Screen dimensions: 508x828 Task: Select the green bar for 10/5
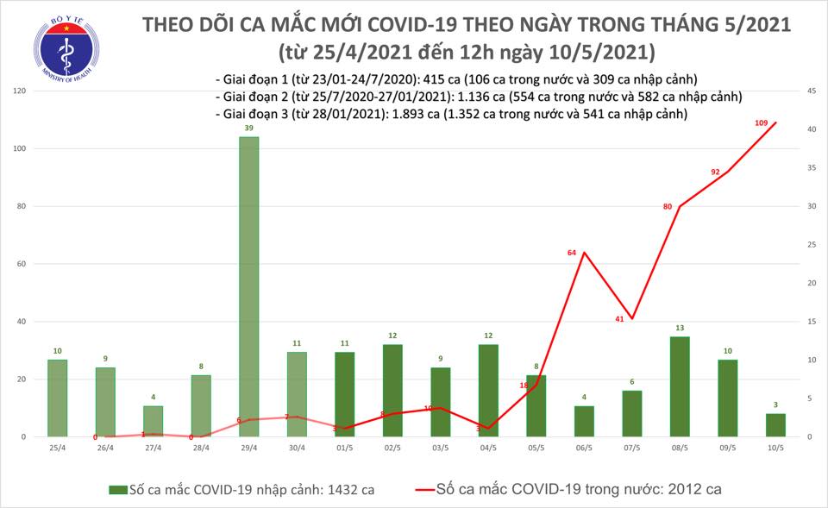[775, 425]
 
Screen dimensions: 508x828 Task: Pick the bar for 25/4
[57, 398]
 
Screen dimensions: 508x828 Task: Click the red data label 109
[762, 124]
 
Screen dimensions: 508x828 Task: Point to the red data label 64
[571, 253]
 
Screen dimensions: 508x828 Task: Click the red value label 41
[619, 320]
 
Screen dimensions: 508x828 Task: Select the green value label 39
[248, 128]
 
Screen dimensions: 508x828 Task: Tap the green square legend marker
[114, 489]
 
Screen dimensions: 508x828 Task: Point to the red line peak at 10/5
[775, 122]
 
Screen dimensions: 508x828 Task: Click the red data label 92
[715, 172]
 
